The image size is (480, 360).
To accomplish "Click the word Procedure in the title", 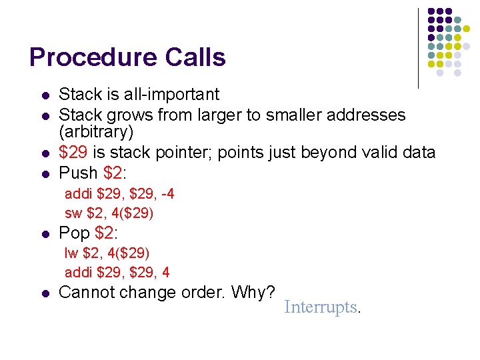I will tap(91, 57).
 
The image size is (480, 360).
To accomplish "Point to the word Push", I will tap(79, 173).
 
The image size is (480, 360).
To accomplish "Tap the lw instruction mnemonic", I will tap(71, 253).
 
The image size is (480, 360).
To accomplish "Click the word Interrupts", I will tap(321, 307).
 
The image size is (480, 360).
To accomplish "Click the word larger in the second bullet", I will tap(218, 115).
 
